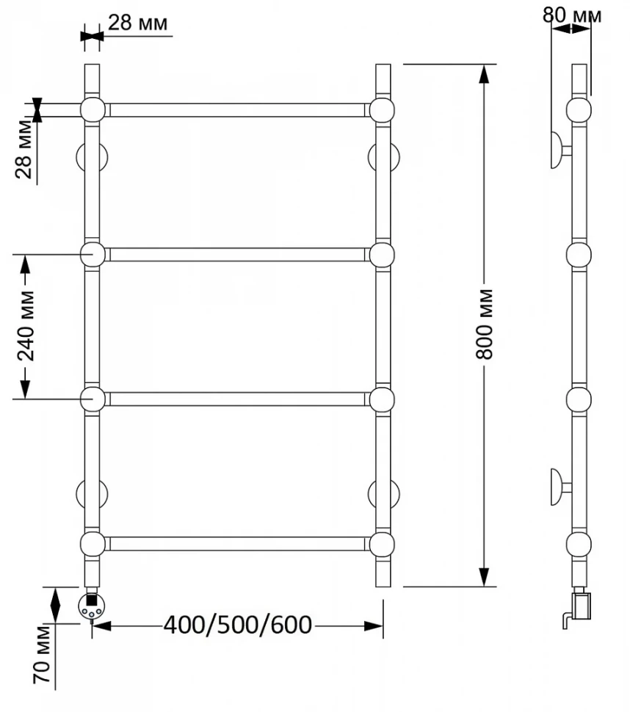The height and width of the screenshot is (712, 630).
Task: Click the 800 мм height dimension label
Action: coord(485,323)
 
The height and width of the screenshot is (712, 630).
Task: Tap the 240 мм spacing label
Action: coord(26,326)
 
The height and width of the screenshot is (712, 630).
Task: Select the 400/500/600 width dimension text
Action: coord(238,625)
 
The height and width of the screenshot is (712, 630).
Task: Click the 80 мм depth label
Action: coord(572,15)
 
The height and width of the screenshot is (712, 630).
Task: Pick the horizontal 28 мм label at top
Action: coord(137,22)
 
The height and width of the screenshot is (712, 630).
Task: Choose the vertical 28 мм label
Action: coord(24,150)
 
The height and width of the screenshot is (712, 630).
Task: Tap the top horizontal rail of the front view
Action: coord(237,110)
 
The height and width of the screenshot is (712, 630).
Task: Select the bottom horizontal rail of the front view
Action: coord(237,544)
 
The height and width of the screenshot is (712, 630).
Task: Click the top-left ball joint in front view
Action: coord(93,110)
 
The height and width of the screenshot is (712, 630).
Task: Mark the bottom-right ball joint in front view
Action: coord(382,544)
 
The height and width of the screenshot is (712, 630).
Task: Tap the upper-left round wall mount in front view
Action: coord(92,158)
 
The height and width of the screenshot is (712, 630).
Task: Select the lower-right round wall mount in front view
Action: coord(384,493)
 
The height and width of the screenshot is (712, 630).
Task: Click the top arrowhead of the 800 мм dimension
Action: coord(485,73)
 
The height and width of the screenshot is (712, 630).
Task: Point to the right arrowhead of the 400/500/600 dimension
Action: coord(373,626)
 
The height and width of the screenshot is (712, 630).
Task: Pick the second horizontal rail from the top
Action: coord(237,255)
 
